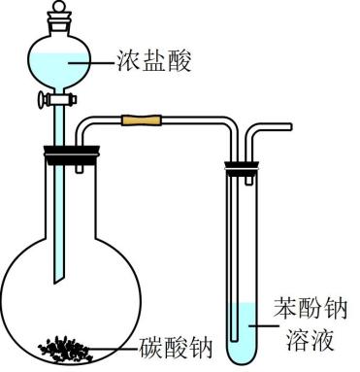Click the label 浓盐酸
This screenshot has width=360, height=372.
154,60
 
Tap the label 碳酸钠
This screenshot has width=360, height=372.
176,348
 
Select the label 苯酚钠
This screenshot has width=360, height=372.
310,309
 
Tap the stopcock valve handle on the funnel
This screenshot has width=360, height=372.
42,99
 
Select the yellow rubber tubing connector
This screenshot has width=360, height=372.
142,120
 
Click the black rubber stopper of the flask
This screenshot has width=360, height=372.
72,154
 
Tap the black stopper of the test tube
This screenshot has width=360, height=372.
242,168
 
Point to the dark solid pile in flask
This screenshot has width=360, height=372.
66,350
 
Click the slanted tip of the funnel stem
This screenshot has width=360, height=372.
59,280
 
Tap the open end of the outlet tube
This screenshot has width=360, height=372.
290,126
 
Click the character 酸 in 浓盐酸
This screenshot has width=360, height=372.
180,60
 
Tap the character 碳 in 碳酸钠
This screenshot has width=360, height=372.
150,348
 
